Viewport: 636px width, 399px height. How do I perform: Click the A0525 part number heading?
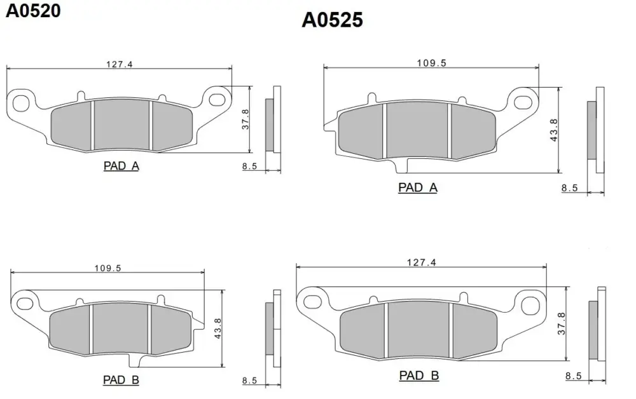(332, 20)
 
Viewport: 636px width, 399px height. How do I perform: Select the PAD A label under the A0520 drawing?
(121, 166)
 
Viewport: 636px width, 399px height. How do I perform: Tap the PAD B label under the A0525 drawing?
(419, 375)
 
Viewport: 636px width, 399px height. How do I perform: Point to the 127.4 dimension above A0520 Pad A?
(120, 64)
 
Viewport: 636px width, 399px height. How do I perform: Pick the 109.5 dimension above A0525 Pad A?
(432, 63)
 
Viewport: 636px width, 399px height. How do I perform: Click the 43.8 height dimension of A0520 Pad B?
(218, 328)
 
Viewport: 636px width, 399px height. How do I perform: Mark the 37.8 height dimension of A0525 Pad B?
(562, 323)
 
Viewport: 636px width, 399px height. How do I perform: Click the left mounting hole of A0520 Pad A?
(21, 103)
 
